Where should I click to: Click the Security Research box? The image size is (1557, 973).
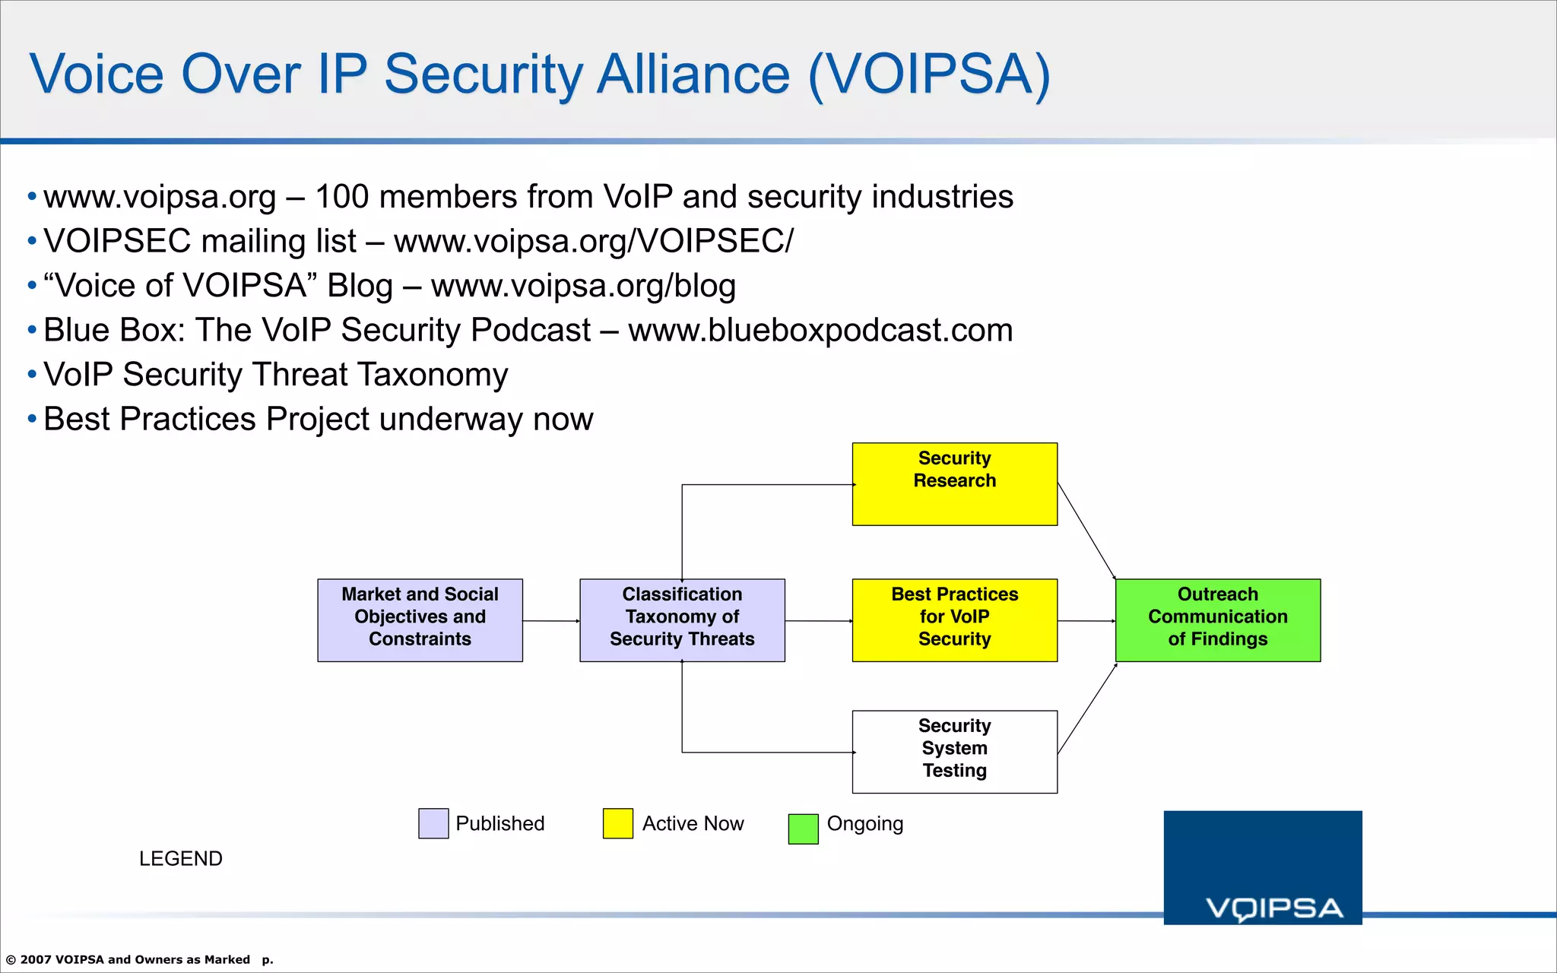click(954, 484)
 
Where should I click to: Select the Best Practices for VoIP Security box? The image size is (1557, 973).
click(954, 620)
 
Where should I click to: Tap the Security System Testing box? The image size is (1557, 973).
click(954, 752)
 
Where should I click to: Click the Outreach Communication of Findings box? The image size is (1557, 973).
click(1217, 620)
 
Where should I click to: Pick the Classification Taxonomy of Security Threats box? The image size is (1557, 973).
click(682, 620)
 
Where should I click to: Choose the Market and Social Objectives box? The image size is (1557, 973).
click(420, 620)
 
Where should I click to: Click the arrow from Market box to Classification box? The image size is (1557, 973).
click(550, 621)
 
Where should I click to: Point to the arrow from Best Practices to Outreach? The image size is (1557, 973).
click(1086, 621)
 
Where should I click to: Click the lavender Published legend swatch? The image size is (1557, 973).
click(433, 823)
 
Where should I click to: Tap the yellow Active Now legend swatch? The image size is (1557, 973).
click(617, 823)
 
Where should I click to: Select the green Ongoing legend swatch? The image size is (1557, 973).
click(803, 829)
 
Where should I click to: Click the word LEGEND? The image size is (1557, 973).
click(180, 858)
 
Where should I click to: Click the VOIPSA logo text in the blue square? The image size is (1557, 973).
click(1274, 908)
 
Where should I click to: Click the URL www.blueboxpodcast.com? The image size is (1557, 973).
click(820, 330)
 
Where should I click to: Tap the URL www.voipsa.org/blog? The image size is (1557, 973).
click(583, 286)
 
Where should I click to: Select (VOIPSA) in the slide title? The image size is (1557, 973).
click(928, 74)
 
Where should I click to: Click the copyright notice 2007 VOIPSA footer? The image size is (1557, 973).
click(129, 959)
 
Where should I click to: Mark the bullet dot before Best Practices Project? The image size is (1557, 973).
click(32, 419)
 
